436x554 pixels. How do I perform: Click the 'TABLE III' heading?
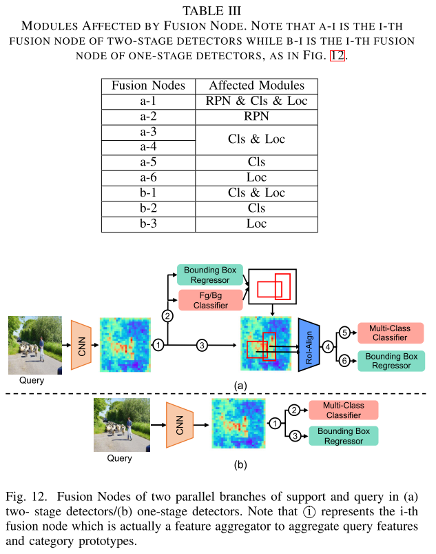(x=218, y=11)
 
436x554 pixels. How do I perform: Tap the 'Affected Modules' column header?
(x=256, y=86)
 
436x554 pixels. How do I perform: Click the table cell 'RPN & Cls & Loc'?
(x=256, y=101)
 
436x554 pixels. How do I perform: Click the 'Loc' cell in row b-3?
(x=256, y=223)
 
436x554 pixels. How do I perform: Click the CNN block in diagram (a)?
(x=81, y=344)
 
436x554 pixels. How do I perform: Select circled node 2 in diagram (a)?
(x=167, y=315)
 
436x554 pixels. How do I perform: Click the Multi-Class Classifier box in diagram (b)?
(x=343, y=410)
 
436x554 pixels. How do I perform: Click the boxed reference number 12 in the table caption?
(x=337, y=56)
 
